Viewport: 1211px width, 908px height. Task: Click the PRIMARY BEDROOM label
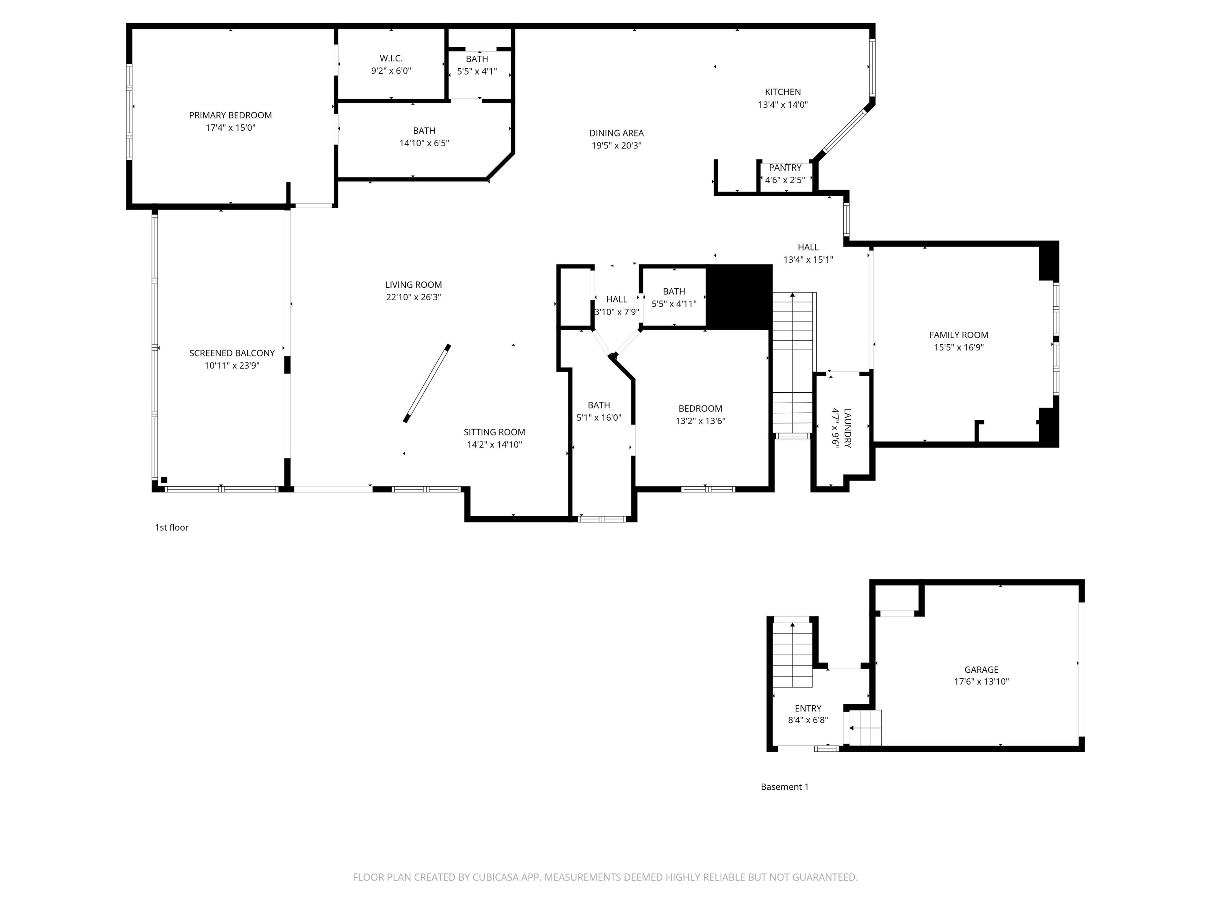point(230,115)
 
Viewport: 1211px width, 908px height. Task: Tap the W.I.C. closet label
point(391,58)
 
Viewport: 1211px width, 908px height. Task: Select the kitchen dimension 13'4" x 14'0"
point(782,105)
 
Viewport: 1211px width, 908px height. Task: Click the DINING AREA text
point(616,133)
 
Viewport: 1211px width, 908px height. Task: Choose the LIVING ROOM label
point(413,285)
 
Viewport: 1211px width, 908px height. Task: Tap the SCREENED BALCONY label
point(232,353)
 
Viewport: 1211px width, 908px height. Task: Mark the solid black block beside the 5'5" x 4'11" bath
point(739,297)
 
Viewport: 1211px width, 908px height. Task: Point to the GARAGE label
point(981,669)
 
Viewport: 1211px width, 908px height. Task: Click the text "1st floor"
point(172,527)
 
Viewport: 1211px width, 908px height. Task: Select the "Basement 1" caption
point(784,787)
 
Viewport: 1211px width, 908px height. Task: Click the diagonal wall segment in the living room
point(427,383)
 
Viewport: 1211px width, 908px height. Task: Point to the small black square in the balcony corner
point(164,479)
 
